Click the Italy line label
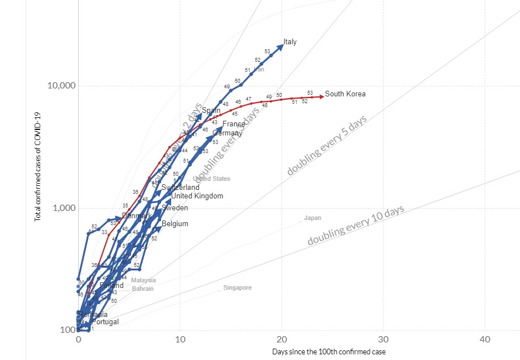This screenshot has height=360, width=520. (290, 42)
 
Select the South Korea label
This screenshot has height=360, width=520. (345, 94)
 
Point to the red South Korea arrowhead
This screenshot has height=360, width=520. (322, 96)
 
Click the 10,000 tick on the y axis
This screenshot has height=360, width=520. (60, 86)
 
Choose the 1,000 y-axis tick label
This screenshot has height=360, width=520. (64, 208)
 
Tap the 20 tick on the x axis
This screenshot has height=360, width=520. (282, 339)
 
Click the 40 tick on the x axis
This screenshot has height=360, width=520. (485, 339)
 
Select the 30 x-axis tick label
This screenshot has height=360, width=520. (383, 339)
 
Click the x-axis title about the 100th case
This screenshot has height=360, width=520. (329, 352)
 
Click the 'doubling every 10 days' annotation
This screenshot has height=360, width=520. (356, 226)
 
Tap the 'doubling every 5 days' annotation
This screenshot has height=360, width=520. (327, 146)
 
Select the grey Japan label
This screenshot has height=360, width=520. (312, 218)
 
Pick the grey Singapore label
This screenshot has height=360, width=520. (237, 288)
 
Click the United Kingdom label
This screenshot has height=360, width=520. (197, 196)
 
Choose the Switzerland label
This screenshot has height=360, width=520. (180, 188)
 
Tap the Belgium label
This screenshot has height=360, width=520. (175, 224)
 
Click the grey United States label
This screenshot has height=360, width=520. (212, 179)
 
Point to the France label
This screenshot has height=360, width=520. (234, 124)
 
